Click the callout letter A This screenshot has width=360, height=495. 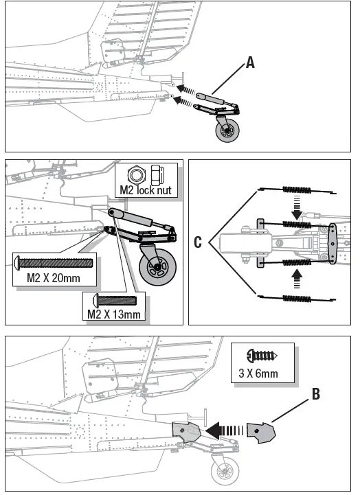pyautogui.click(x=250, y=63)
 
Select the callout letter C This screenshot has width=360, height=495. pyautogui.click(x=198, y=242)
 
